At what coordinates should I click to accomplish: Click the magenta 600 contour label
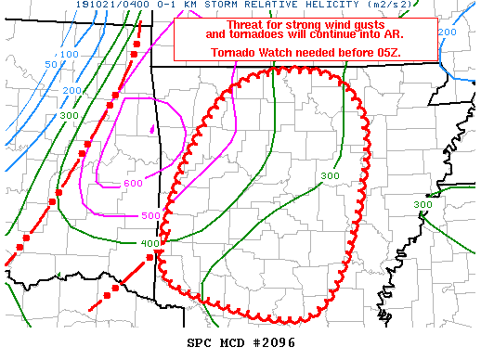pos(133,183)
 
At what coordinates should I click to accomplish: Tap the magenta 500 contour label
pos(150,215)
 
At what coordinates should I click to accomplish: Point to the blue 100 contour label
pos(69,55)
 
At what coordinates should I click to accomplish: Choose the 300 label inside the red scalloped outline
pos(330,175)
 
